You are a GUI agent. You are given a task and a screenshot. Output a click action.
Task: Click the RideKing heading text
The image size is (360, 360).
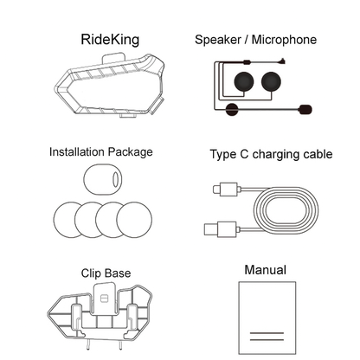(x=110, y=40)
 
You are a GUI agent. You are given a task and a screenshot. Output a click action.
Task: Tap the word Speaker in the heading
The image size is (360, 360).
(x=218, y=40)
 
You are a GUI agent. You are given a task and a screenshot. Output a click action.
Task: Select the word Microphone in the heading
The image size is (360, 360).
(x=284, y=40)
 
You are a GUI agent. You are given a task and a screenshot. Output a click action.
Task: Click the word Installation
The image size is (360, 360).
(x=77, y=152)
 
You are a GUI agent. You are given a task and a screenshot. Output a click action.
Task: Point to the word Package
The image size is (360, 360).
(x=131, y=152)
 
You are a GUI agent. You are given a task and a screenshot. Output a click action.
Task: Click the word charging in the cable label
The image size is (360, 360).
(x=272, y=154)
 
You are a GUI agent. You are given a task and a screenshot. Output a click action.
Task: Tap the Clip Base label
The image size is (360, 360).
(x=106, y=273)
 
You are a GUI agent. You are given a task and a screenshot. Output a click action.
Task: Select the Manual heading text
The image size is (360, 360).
(x=266, y=270)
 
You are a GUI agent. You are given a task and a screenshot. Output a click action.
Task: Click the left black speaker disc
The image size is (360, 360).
(x=244, y=81)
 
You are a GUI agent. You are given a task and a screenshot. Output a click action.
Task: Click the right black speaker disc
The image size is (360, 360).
(x=271, y=81)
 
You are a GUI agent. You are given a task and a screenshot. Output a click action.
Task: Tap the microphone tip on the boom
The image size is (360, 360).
(x=305, y=109)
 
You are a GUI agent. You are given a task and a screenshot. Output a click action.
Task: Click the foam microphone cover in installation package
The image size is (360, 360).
(x=103, y=180)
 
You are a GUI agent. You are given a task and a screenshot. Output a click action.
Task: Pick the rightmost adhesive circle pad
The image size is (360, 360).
(x=134, y=220)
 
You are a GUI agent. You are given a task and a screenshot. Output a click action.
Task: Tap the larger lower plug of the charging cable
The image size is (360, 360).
(x=222, y=229)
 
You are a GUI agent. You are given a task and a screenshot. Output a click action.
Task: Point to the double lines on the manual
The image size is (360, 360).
(x=267, y=337)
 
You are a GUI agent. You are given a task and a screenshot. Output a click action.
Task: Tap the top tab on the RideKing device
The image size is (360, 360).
(x=113, y=57)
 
